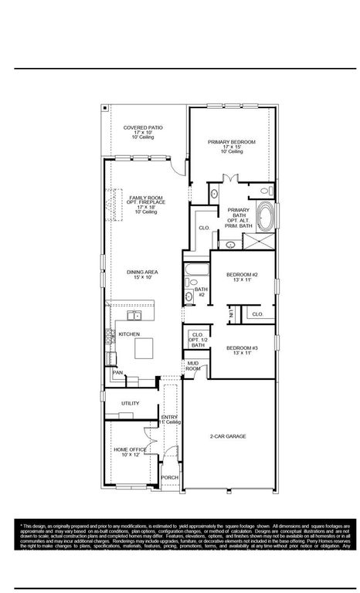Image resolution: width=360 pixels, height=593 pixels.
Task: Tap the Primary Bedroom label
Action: click(231, 147)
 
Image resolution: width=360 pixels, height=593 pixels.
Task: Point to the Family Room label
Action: click(147, 203)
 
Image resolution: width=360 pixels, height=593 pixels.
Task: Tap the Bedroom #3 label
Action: click(241, 350)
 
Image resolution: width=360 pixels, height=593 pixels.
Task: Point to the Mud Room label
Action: click(192, 367)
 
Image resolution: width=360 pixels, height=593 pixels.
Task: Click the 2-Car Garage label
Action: click(228, 436)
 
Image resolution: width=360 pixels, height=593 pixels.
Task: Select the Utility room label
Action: click(130, 404)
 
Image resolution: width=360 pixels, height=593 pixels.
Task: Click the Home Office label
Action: click(130, 452)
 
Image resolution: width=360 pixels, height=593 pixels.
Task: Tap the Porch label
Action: click(169, 478)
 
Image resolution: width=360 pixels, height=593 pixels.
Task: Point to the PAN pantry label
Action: click(117, 373)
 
